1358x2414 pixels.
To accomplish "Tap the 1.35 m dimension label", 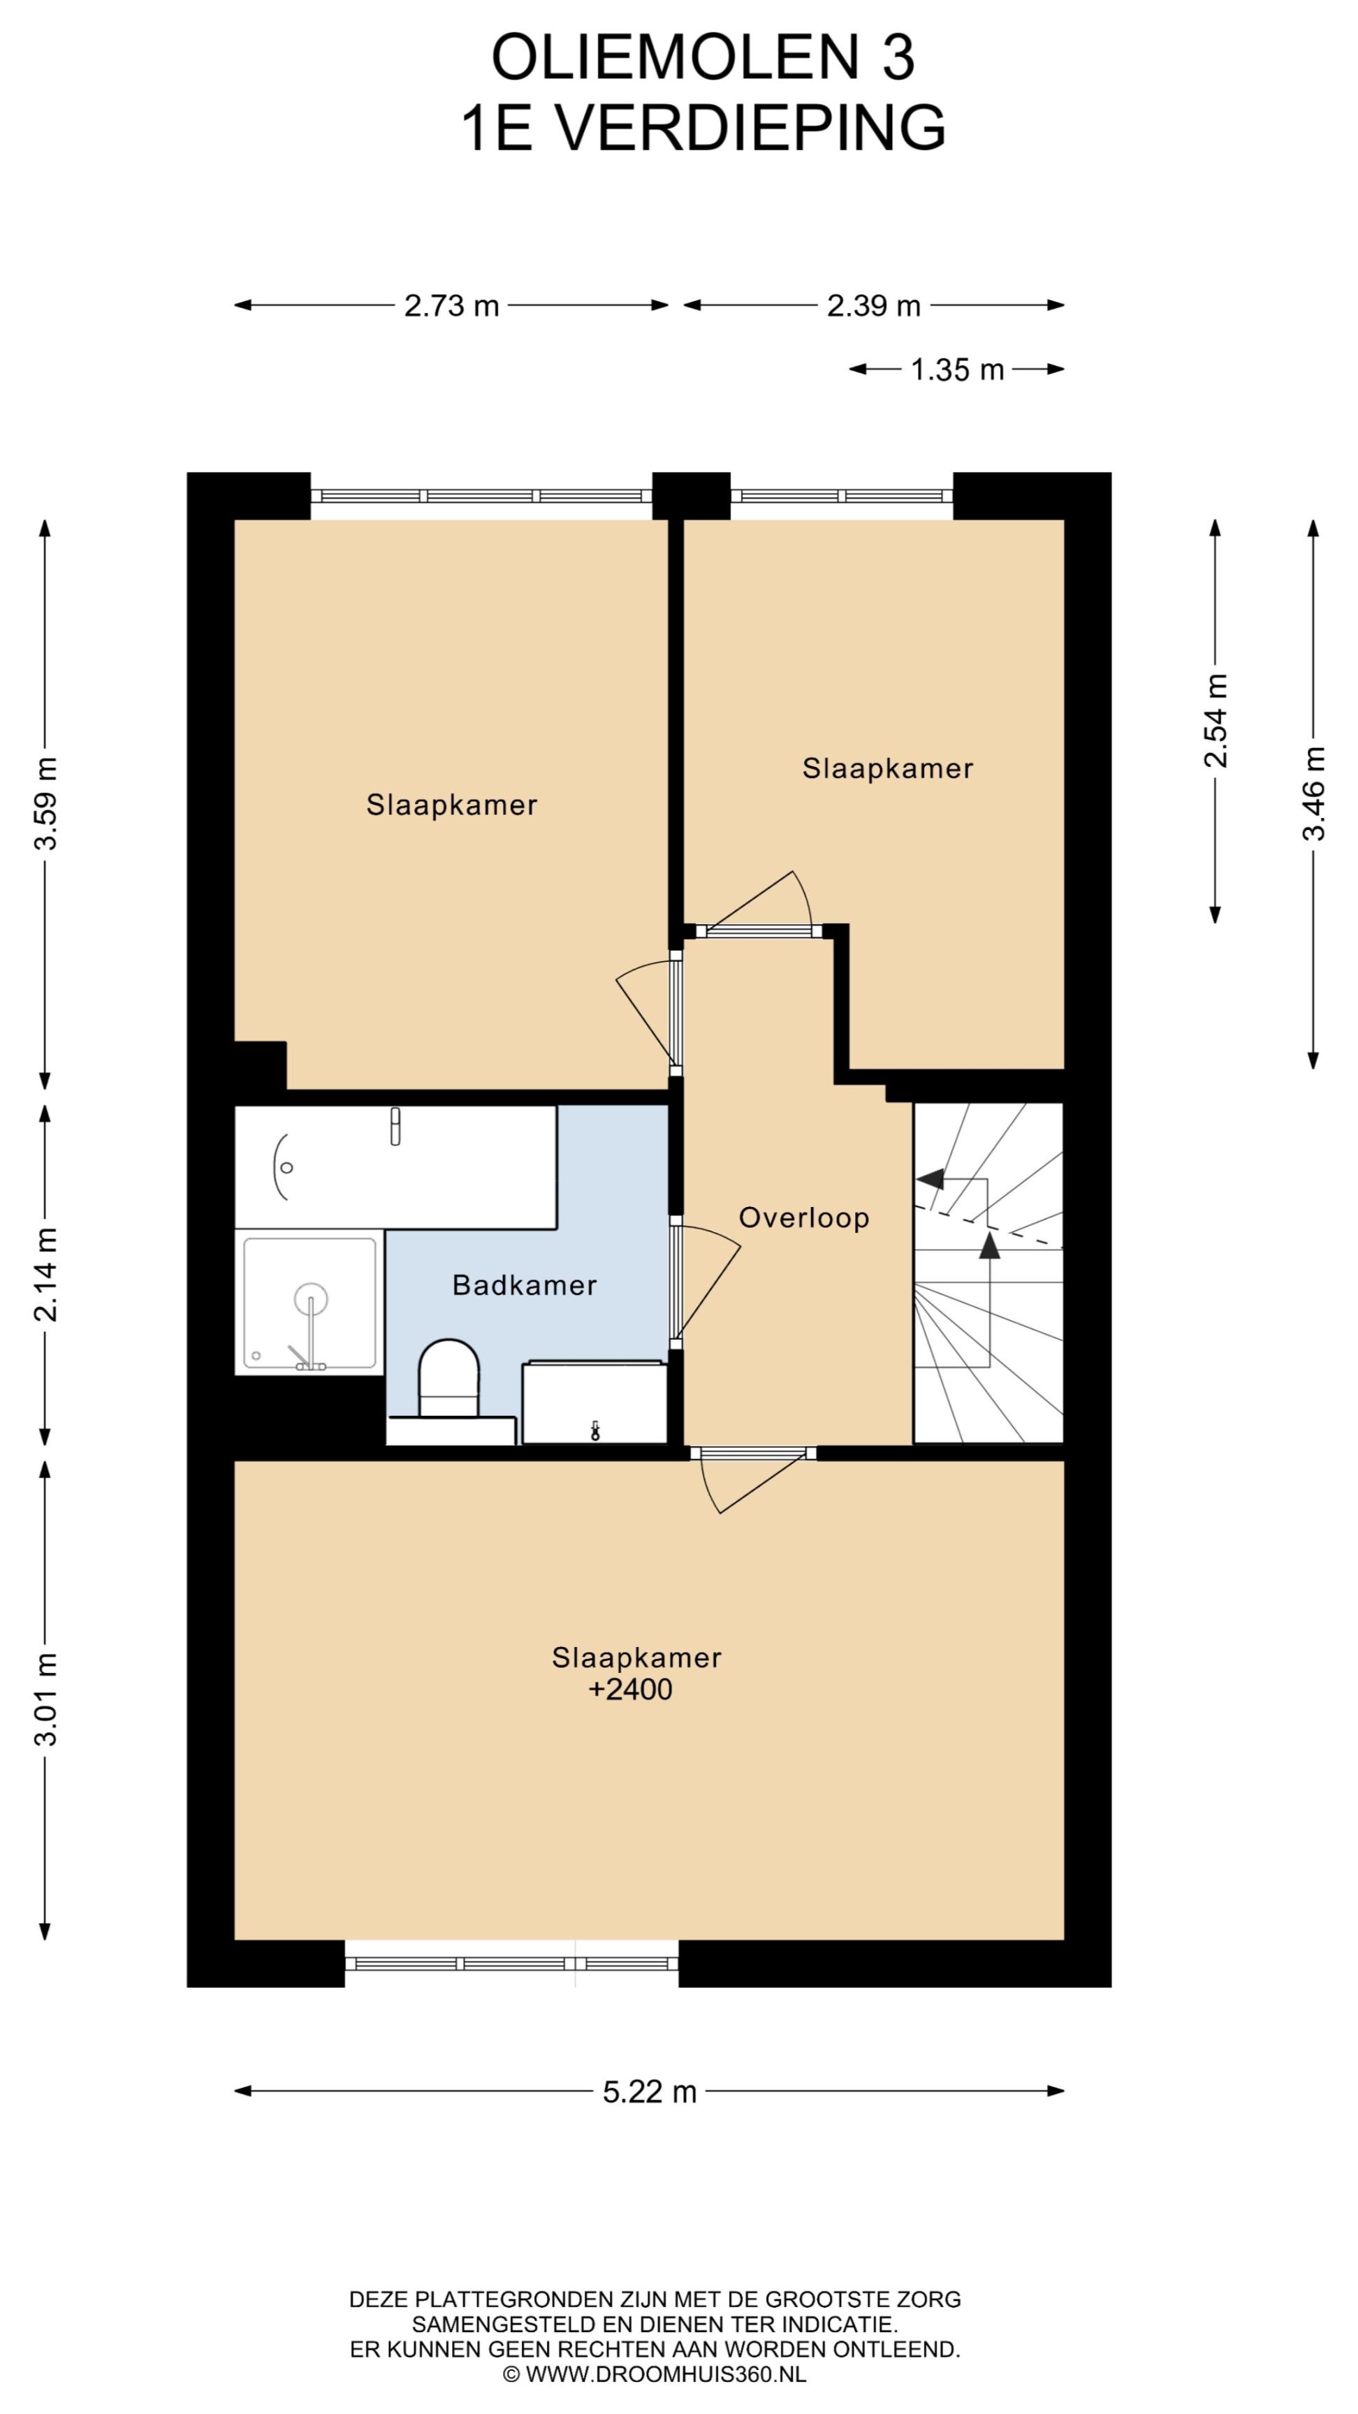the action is tap(957, 370).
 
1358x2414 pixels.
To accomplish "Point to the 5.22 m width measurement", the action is tap(650, 2091).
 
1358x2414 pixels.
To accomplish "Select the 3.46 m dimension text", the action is tap(1314, 793).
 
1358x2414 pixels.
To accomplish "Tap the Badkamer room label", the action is tap(525, 1285).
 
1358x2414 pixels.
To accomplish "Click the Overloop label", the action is tap(804, 1217).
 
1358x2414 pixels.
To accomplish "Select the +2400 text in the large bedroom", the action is tap(630, 1690).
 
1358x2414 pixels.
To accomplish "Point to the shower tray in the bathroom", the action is tap(309, 1303).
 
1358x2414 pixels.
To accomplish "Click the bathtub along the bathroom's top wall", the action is tap(395, 1166).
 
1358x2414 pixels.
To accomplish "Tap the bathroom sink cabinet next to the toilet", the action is tap(594, 1403).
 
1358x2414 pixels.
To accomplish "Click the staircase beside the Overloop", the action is tap(988, 1273).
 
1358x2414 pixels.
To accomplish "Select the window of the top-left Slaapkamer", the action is tap(482, 496).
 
